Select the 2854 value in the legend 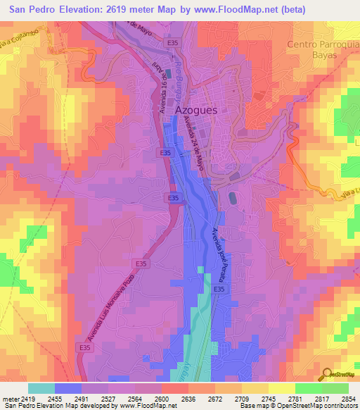[348, 399]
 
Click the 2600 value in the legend [161, 399]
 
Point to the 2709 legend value [241, 399]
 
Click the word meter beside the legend [10, 399]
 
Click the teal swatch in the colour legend [41, 388]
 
